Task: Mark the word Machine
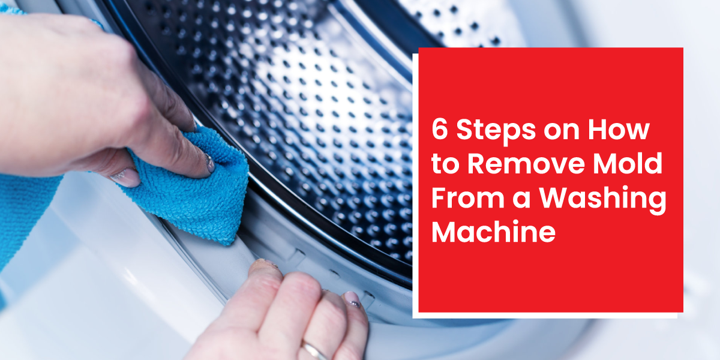[493, 233]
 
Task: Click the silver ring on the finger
[314, 350]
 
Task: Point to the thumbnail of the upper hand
[127, 177]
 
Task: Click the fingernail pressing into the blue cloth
[208, 162]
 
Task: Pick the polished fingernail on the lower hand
[352, 299]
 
